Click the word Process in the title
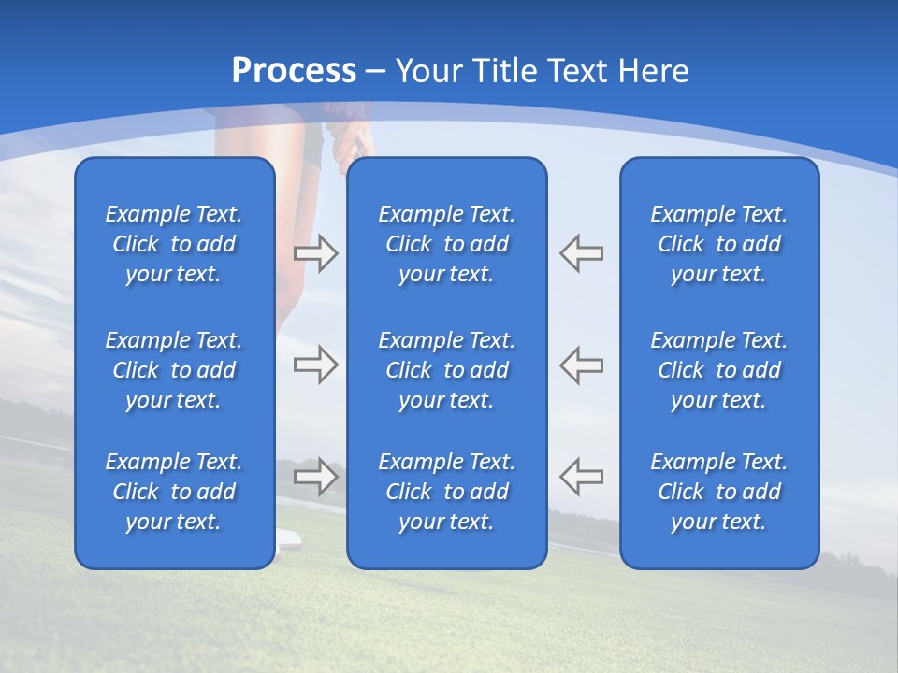[294, 71]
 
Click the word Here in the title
[653, 71]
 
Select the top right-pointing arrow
[315, 253]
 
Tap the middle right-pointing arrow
[315, 365]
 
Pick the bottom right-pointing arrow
[315, 477]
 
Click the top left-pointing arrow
[582, 253]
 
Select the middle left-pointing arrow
[582, 365]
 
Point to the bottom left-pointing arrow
[582, 477]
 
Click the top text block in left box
[174, 244]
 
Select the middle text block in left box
[174, 370]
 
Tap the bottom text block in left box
[174, 492]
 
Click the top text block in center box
[446, 244]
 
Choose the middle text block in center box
[446, 370]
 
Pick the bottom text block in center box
[446, 492]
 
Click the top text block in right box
[718, 244]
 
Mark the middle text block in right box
[718, 370]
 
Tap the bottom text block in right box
[718, 492]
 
